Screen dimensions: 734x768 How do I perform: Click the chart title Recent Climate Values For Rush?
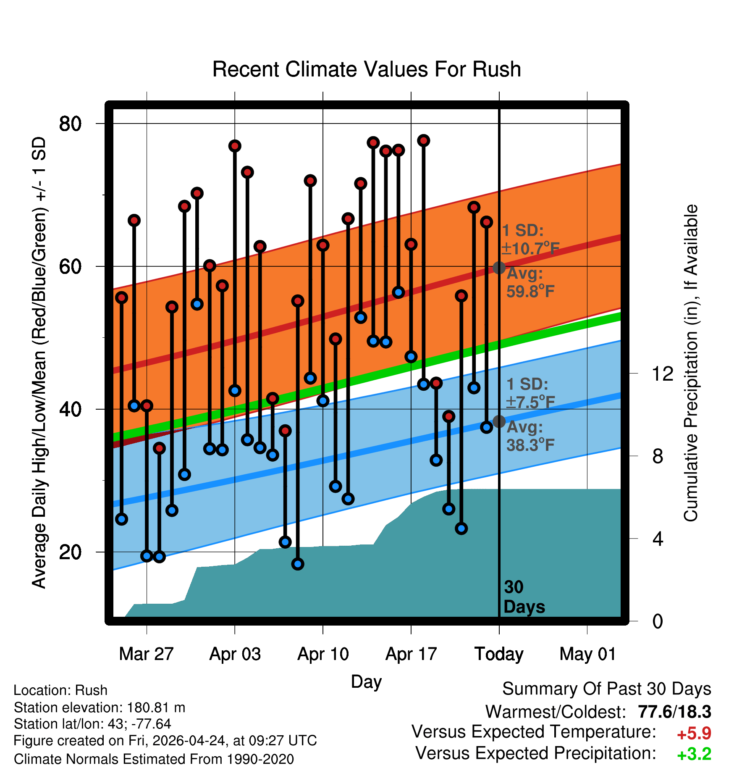point(367,69)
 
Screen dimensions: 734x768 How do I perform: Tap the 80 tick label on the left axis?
point(71,124)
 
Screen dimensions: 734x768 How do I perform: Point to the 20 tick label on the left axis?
point(71,552)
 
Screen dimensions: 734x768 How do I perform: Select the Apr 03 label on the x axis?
point(235,654)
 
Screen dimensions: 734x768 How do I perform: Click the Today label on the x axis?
point(499,654)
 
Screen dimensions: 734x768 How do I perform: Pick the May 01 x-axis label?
point(587,654)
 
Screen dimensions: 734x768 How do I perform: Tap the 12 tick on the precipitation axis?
point(663,373)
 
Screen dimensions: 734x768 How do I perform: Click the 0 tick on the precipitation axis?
point(658,621)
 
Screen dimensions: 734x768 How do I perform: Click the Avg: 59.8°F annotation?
point(530,282)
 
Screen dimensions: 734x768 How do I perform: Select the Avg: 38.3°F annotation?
point(530,436)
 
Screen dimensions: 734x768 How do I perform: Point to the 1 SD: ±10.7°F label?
point(530,239)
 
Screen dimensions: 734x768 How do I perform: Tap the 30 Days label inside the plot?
point(524,597)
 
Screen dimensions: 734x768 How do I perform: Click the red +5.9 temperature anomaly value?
point(694,734)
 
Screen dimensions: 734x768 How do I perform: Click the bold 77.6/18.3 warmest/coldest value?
point(674,712)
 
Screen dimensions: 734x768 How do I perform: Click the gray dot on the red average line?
point(499,268)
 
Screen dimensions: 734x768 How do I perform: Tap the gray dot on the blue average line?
point(499,421)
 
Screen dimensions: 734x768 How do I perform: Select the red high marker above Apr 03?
point(235,146)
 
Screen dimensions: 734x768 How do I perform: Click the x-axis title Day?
point(366,681)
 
